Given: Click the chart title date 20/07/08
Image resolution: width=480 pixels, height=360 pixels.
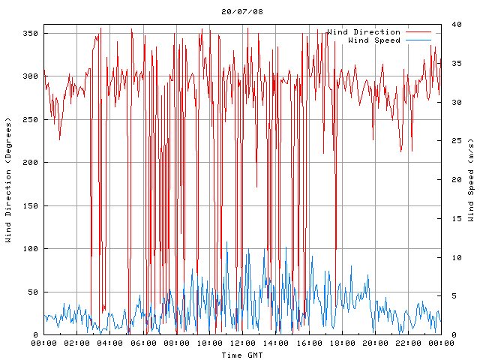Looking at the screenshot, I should click(x=242, y=12).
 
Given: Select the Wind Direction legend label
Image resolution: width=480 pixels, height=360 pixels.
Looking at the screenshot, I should click(x=364, y=32).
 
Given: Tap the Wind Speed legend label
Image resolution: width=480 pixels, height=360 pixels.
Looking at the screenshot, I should click(x=374, y=40).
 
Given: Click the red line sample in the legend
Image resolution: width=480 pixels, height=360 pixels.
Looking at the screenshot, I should click(x=421, y=32).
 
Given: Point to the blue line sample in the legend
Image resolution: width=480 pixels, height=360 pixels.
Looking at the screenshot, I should click(x=421, y=40).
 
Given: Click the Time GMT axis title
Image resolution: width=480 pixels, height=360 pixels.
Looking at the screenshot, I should click(x=241, y=355).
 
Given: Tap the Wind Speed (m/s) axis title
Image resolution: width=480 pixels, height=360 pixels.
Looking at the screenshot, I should click(x=471, y=180).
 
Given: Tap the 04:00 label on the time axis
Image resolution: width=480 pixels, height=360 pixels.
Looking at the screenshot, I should click(x=110, y=343).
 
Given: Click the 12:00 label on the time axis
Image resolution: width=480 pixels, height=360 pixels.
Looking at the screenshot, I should click(x=242, y=343).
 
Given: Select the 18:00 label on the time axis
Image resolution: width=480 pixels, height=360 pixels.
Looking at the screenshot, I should click(x=341, y=343).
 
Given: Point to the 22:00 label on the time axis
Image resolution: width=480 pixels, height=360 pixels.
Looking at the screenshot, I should click(x=407, y=343).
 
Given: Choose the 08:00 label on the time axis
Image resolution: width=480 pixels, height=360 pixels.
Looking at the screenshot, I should click(x=176, y=343).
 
